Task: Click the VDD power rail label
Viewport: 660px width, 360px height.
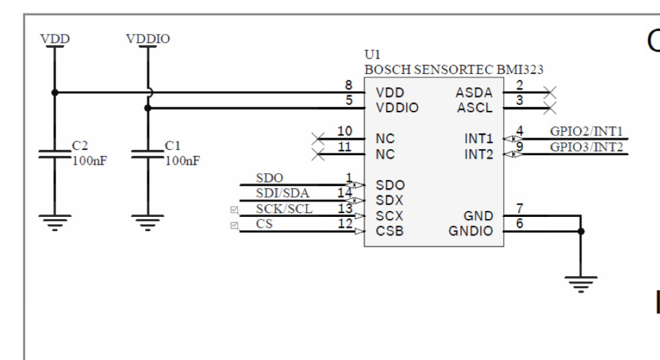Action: [x=54, y=38]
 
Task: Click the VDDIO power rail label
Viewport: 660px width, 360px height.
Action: [x=147, y=38]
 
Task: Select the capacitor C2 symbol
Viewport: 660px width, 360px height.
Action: [x=54, y=154]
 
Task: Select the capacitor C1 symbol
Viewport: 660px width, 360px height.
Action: [x=147, y=154]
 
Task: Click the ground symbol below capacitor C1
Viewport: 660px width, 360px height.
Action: [x=147, y=222]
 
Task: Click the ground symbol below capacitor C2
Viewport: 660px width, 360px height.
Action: [x=54, y=222]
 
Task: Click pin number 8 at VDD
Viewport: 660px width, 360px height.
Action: [x=347, y=85]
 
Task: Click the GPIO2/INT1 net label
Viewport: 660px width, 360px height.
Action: [x=586, y=131]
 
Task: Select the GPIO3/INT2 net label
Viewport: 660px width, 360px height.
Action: [x=586, y=147]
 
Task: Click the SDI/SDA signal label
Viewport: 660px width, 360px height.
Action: [x=282, y=193]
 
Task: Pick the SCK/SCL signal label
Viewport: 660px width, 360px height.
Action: [x=284, y=209]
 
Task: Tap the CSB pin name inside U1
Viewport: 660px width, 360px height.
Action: [x=390, y=232]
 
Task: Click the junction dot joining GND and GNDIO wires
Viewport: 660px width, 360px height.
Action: [x=581, y=232]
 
